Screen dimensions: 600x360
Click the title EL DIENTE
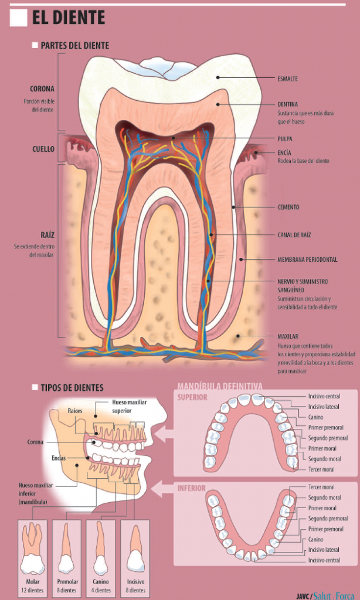click(x=69, y=18)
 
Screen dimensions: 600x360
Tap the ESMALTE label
click(x=287, y=77)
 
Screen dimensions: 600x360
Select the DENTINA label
click(x=287, y=104)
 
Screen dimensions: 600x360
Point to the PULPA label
click(x=285, y=139)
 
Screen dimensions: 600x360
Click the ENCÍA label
click(x=284, y=152)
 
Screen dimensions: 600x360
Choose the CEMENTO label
click(x=288, y=207)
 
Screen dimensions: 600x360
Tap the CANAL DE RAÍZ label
click(x=294, y=235)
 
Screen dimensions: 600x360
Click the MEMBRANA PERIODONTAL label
click(x=307, y=259)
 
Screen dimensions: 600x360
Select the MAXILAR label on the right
click(x=288, y=336)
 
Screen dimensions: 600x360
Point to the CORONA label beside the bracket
click(x=42, y=89)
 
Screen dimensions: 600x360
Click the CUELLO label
click(x=43, y=149)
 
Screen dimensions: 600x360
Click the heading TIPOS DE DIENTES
click(x=72, y=388)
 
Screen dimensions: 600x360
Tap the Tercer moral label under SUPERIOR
click(x=322, y=469)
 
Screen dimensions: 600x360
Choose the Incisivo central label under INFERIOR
click(x=324, y=560)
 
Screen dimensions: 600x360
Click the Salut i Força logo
click(x=334, y=595)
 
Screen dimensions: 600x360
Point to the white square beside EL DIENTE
click(x=19, y=18)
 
